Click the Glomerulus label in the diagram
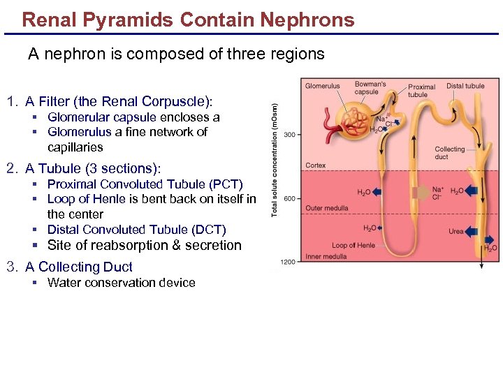tap(322, 87)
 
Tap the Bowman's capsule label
tap(370, 88)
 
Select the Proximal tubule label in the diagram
tap(421, 91)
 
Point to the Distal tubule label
tap(465, 86)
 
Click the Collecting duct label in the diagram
tap(449, 153)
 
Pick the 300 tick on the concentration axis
tap(290, 135)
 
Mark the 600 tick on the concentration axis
tap(290, 198)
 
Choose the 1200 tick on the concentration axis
tap(288, 262)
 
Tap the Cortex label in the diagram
tap(316, 165)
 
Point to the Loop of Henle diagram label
tap(353, 245)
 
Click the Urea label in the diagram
tap(456, 232)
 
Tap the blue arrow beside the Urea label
tap(473, 232)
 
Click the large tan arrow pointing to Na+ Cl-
tap(420, 193)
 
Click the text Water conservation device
tap(121, 283)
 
